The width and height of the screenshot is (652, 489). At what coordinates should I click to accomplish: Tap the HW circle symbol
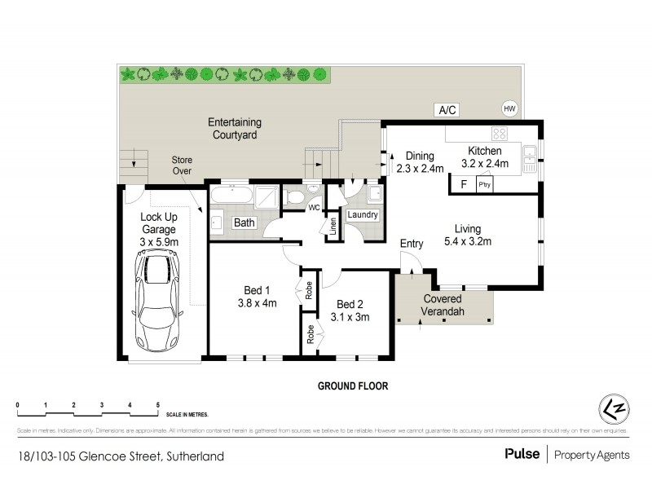point(509,109)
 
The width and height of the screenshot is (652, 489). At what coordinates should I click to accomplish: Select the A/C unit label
point(447,110)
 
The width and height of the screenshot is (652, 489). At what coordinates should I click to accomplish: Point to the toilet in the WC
point(294,196)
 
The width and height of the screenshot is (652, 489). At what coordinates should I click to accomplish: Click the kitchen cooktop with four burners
point(500,134)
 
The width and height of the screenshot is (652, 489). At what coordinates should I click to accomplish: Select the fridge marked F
point(463,184)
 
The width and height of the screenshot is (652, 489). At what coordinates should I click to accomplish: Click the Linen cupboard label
point(333,227)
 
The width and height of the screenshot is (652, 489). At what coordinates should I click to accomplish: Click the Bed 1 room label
point(257,290)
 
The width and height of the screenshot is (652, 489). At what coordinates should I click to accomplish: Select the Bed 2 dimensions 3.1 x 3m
point(350,317)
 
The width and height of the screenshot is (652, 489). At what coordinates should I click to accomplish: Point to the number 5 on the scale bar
point(157,405)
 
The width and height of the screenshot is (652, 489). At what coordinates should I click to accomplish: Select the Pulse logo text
point(522,456)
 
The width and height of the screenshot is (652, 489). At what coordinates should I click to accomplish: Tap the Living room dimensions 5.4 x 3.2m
point(467,241)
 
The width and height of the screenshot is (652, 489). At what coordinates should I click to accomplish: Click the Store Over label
point(182,165)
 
